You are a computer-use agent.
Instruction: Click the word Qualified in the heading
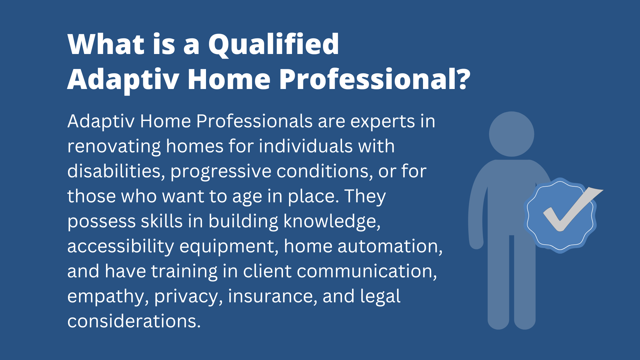(x=274, y=45)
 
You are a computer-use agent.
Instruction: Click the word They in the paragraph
(x=365, y=197)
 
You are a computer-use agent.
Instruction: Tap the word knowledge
(x=332, y=222)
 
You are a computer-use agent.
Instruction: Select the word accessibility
(x=121, y=247)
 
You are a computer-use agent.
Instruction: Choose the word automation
(x=390, y=247)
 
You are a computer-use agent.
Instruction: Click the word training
(x=184, y=272)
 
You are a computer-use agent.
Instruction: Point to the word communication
(x=367, y=272)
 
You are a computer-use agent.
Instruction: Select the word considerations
(x=134, y=321)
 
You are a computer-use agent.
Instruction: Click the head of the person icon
(x=512, y=134)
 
